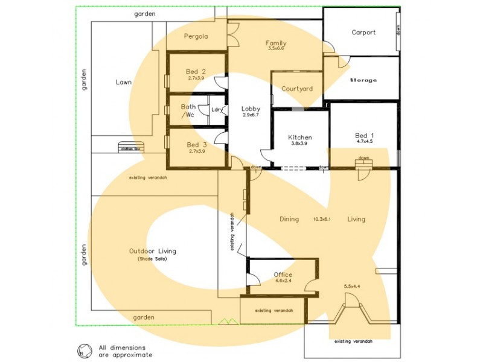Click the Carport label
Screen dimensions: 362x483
[363, 33]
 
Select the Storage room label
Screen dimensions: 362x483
[363, 80]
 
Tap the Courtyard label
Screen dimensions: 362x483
[297, 89]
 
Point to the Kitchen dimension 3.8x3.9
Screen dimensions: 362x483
[299, 144]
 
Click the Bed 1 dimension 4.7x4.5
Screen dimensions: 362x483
[364, 142]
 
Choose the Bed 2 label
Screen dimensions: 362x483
[196, 72]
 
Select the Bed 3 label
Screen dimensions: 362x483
[196, 145]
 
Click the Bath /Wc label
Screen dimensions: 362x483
[188, 110]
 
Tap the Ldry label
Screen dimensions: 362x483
[217, 109]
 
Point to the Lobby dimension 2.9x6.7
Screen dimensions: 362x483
[251, 115]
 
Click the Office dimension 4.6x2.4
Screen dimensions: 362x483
[283, 281]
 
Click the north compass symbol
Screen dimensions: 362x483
[82, 351]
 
